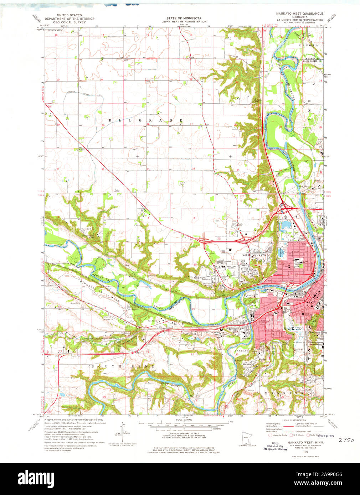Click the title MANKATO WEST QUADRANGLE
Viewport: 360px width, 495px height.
point(300,13)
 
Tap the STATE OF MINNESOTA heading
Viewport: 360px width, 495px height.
point(184,18)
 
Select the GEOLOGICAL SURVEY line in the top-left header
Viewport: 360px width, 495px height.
point(70,22)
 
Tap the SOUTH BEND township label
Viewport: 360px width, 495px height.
point(123,366)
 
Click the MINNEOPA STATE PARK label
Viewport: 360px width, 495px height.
point(99,291)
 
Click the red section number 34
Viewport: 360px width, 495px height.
point(193,168)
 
